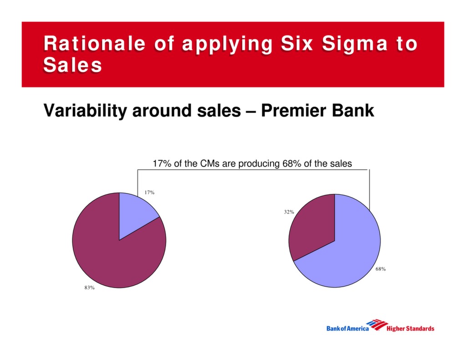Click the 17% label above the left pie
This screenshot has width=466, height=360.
pos(149,193)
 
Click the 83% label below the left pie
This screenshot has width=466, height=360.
pos(89,288)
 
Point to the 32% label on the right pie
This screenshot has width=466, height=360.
pos(289,212)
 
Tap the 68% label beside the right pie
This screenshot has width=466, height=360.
pos(381,269)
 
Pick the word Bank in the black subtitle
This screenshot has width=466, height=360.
pos(354,111)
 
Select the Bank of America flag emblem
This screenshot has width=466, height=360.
pos(377,325)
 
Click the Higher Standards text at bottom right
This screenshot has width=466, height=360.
pos(410,329)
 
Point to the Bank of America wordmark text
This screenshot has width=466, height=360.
pos(348,329)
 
